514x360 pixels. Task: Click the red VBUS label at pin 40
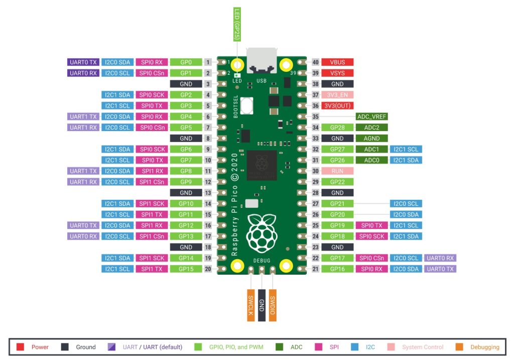pos(337,62)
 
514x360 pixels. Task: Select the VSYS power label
pos(337,73)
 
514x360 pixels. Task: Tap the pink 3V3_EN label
pos(337,95)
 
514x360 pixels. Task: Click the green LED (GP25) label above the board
pos(237,25)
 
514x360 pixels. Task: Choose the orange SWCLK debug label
pos(250,305)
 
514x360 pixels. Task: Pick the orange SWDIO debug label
pos(273,305)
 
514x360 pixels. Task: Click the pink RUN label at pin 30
pos(337,171)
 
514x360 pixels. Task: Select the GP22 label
pos(337,182)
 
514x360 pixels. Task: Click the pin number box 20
pos(208,269)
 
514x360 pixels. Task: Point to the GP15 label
pos(186,269)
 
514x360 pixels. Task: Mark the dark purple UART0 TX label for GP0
pos(83,62)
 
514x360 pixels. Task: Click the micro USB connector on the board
pos(262,61)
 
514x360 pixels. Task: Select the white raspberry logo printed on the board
pos(261,234)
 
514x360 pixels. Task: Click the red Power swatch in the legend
pos(20,347)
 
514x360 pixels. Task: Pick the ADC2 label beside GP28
pos(371,128)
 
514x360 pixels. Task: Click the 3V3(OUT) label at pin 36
pos(337,106)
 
